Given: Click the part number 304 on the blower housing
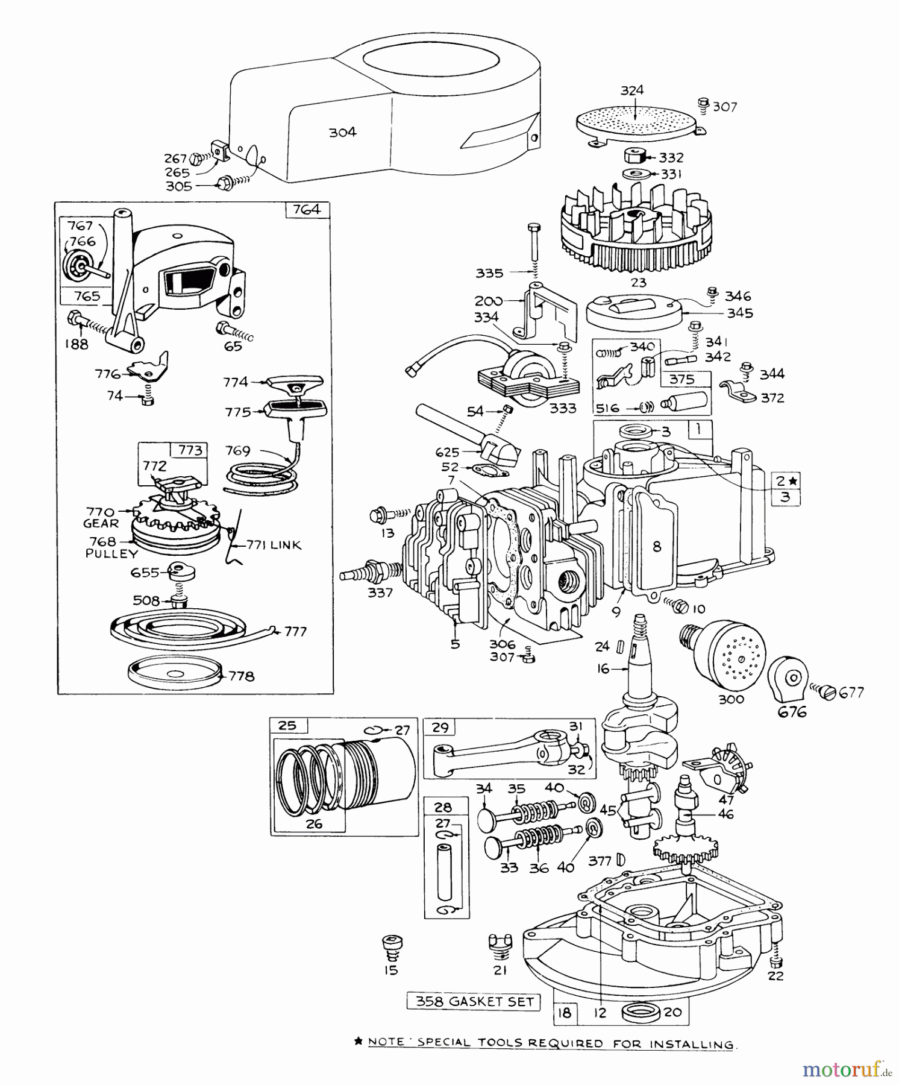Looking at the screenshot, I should (342, 132).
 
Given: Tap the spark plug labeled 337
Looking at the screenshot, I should (371, 570).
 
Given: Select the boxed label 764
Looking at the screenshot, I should (307, 210).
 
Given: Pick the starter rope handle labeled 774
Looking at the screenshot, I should (295, 383).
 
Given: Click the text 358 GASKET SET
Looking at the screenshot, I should (474, 1001).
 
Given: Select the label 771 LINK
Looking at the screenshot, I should (274, 545).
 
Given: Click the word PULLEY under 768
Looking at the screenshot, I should (111, 553).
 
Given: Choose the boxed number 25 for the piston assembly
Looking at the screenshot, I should (288, 725).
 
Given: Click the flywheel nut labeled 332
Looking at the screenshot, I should (634, 156).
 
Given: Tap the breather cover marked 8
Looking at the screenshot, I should (656, 546).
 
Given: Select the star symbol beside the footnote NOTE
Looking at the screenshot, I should (359, 1041).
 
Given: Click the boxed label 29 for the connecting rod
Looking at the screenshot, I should (440, 728).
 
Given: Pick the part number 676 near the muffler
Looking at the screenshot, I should (791, 712).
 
